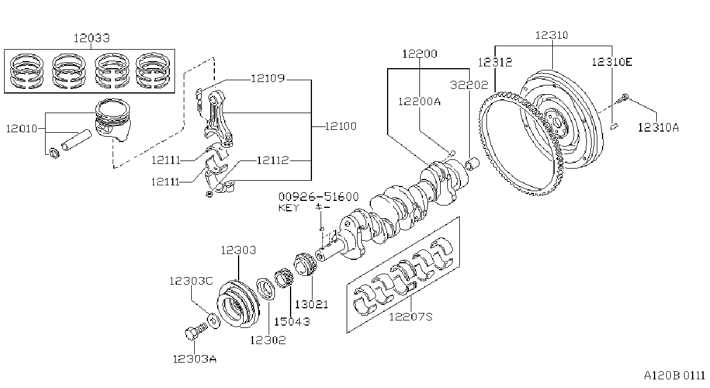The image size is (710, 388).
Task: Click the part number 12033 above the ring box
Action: click(92, 38)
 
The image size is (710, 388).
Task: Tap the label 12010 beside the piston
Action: click(21, 129)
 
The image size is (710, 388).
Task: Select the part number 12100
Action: click(341, 126)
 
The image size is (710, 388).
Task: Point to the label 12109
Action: click(268, 78)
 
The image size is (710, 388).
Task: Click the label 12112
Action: click(273, 161)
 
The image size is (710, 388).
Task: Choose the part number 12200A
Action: click(419, 102)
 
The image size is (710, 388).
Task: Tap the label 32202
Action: click(469, 85)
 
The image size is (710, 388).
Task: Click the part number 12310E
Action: click(612, 62)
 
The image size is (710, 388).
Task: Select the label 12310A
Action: click(658, 128)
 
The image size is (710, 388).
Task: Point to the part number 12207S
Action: click(411, 316)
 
